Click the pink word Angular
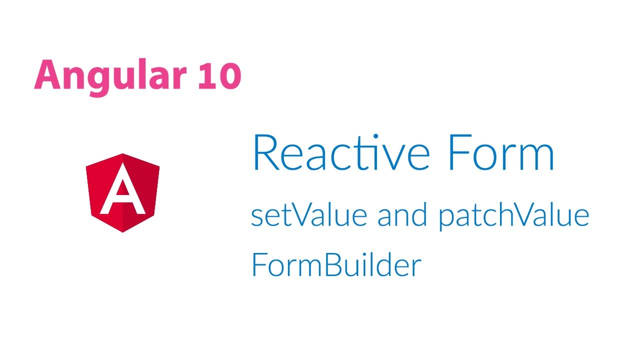tap(110, 77)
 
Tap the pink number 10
tap(219, 75)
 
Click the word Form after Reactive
tap(501, 152)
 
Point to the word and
tap(402, 214)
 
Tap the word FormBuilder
tap(336, 264)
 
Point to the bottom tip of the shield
tap(123, 232)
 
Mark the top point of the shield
tap(123, 153)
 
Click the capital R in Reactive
tap(265, 152)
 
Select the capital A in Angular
tap(47, 74)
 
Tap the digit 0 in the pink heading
tap(230, 75)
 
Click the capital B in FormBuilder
tap(334, 264)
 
